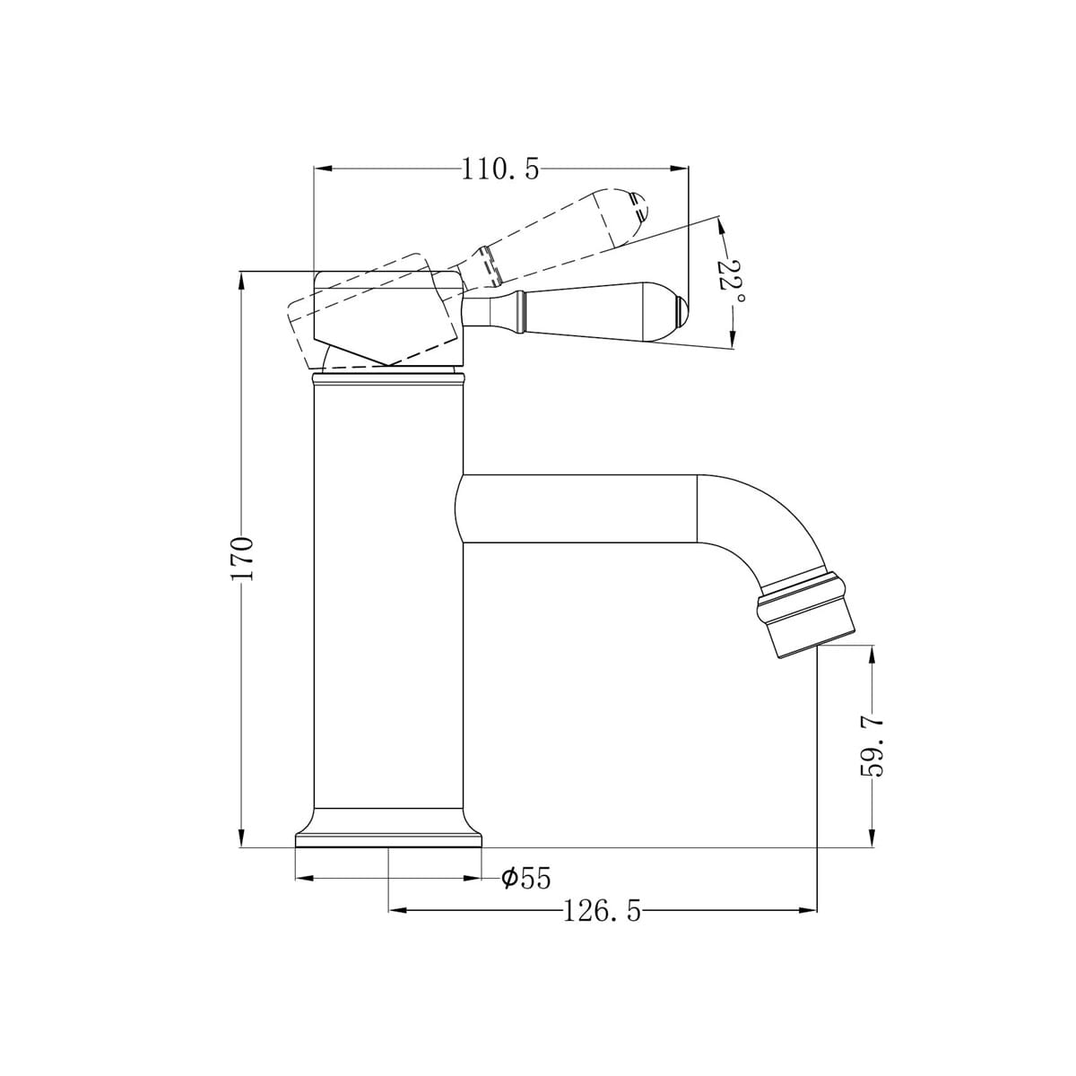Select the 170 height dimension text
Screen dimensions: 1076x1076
(x=243, y=559)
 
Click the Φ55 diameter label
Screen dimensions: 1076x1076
(x=525, y=879)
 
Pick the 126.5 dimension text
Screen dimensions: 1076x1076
(x=603, y=912)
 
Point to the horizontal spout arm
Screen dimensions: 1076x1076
(x=578, y=508)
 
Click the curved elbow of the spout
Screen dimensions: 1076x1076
(x=762, y=525)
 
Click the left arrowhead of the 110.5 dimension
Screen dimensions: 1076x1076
(x=319, y=169)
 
